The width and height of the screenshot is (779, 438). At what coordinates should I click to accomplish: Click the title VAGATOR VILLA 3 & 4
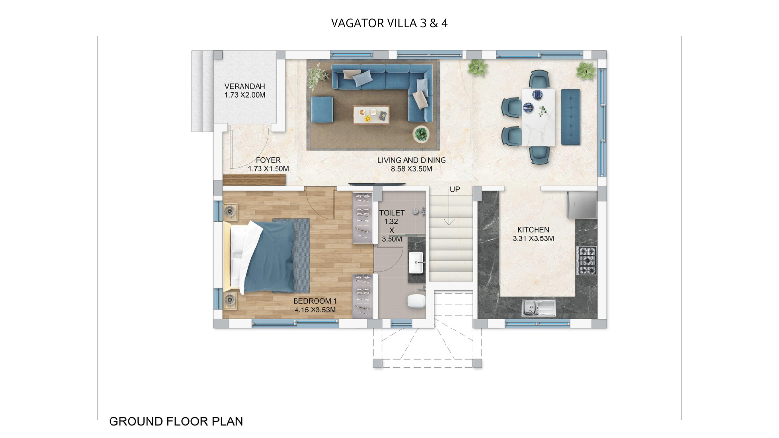pos(389,23)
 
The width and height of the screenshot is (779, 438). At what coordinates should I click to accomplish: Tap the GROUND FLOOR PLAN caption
pos(176,421)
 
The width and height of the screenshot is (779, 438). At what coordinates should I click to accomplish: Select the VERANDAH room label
pos(244,86)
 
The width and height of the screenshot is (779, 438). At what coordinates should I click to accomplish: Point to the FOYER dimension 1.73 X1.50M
pos(268,169)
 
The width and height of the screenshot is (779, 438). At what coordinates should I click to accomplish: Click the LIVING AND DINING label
pos(411,160)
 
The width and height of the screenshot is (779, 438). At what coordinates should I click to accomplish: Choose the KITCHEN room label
pos(533,229)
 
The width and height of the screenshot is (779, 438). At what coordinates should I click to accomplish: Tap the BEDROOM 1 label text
pos(315,301)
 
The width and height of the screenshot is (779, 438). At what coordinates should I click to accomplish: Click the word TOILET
pos(391,213)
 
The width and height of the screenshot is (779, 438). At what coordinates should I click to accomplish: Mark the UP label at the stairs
pos(454,189)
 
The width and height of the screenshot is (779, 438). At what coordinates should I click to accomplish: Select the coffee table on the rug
pos(371,115)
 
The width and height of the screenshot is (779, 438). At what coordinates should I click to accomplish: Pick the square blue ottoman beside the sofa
pos(322,109)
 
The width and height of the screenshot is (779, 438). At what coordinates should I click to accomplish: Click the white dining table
pos(538,117)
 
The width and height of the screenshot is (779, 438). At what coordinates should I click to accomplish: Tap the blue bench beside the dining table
pos(571,117)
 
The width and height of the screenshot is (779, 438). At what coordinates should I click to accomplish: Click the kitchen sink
pos(538,308)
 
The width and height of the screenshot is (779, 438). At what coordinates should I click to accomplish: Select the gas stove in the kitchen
pos(587,261)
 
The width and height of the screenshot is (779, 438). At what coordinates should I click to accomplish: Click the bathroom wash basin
pos(417,263)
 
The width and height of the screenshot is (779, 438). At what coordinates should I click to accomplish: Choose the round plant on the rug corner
pos(421,133)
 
